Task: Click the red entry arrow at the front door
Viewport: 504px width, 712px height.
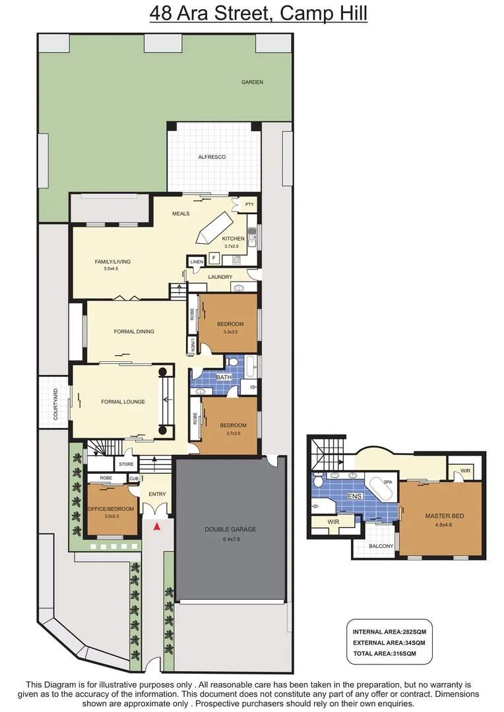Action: (156, 527)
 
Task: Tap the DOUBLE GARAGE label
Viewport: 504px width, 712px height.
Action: (230, 529)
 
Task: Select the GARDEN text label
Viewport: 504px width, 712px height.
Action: (252, 82)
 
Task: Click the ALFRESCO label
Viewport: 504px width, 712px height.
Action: (212, 157)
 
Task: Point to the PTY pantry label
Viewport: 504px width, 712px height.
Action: (249, 204)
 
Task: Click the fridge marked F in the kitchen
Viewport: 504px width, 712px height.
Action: (214, 258)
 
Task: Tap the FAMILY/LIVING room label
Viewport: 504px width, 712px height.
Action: (112, 262)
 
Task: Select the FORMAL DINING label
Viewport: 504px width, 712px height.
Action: (134, 332)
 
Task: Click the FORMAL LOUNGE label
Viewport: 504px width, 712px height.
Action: (123, 401)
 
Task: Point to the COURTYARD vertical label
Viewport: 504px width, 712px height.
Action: (56, 405)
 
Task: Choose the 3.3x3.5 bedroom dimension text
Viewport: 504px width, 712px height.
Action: (230, 332)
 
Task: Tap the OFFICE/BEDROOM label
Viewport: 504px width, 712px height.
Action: (111, 509)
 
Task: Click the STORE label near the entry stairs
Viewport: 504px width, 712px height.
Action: (126, 464)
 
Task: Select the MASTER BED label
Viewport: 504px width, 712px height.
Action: (441, 516)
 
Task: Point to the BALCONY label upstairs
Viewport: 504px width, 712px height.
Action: (381, 546)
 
